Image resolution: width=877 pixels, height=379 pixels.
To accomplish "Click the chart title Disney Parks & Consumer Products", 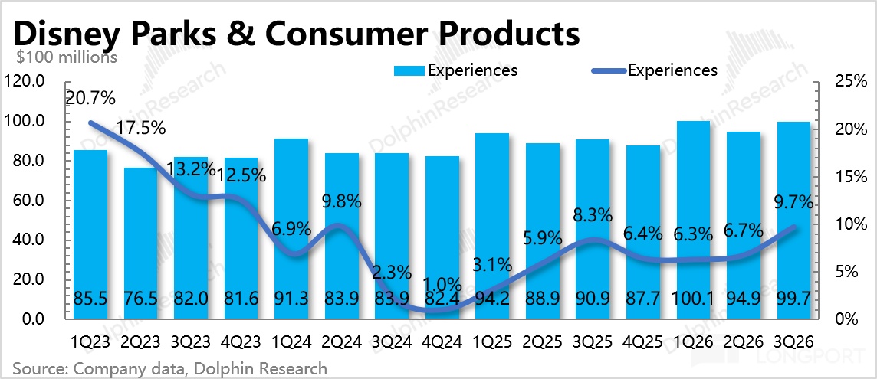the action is [x=295, y=34].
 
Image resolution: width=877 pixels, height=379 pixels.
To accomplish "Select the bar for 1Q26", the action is [x=693, y=221].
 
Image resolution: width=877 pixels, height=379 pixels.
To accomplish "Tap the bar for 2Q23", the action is [x=140, y=243].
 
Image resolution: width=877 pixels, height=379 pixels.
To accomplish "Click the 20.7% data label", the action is [x=90, y=99].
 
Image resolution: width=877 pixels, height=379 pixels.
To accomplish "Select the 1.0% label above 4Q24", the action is [x=442, y=285].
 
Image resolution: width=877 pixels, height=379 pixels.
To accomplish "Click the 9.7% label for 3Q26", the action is [x=793, y=202].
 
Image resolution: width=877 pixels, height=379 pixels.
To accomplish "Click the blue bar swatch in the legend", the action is [x=411, y=70].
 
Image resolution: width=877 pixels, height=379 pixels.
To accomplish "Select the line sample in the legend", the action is [x=608, y=71].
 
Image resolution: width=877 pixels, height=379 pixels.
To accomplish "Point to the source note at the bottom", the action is [x=169, y=368].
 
